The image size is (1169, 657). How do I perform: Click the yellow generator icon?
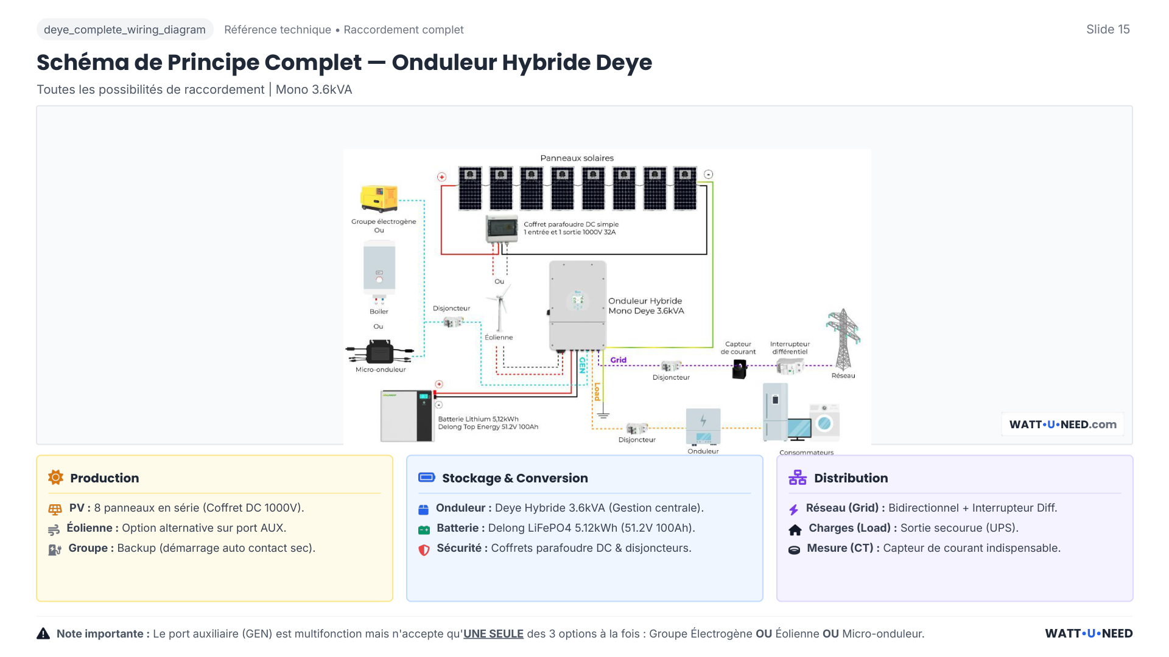379,198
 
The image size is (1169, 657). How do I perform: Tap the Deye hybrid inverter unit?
577,305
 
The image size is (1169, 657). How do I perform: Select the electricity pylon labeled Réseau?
843,339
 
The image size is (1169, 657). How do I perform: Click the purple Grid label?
619,360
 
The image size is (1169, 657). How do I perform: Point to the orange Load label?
597,391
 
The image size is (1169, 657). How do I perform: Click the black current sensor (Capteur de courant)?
739,369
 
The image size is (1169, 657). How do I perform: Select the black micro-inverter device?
380,352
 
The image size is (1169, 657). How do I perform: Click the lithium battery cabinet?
407,416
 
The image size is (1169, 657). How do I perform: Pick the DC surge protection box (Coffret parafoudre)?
501,229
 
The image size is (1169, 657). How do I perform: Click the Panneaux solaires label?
577,158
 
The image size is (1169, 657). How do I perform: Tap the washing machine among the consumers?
824,422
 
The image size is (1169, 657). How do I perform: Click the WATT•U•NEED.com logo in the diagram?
1062,425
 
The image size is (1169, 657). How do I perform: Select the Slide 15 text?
1108,29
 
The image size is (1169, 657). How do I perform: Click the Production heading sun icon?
55,478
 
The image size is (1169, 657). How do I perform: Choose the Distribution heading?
851,478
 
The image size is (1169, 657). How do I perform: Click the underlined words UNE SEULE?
493,634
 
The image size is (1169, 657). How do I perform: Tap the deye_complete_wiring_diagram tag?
125,30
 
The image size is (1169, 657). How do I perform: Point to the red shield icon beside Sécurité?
424,549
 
